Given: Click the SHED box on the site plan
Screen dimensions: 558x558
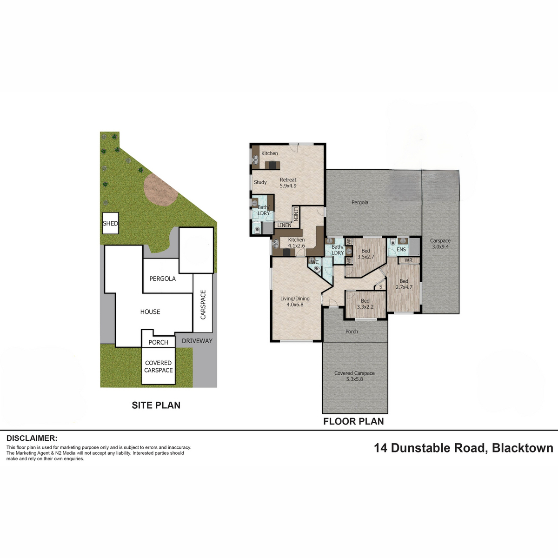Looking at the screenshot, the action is [110, 223].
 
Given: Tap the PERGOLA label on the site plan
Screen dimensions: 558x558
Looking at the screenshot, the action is [162, 279].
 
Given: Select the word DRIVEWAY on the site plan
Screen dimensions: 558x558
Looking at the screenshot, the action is [197, 341].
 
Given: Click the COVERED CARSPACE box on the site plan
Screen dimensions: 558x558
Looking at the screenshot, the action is [159, 366].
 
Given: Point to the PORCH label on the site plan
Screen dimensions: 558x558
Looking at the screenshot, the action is [158, 342].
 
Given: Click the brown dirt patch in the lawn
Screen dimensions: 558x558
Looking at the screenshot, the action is [160, 190].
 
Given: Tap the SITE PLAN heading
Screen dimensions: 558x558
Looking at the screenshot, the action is [156, 405].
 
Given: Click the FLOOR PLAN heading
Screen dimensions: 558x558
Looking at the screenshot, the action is [353, 421].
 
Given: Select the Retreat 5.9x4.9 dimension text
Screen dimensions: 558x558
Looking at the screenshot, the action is [288, 183].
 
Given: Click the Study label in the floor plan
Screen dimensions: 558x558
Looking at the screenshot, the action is [260, 182].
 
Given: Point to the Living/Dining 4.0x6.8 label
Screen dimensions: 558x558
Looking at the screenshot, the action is [295, 301].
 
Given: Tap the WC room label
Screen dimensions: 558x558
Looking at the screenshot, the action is [315, 262].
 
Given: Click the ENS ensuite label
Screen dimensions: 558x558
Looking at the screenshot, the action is [401, 249].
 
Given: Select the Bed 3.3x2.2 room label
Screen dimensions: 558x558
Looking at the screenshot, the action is [365, 304].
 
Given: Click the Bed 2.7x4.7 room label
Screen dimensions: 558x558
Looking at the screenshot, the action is [404, 284].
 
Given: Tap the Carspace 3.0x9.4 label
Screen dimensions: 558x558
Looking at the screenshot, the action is [440, 244].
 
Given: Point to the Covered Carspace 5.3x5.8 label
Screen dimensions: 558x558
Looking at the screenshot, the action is [354, 376].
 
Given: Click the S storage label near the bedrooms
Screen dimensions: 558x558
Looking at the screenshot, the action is [381, 287].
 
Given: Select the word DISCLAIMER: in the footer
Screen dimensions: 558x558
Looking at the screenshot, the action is [32, 438].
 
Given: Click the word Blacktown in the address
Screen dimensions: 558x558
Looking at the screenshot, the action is [523, 448].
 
